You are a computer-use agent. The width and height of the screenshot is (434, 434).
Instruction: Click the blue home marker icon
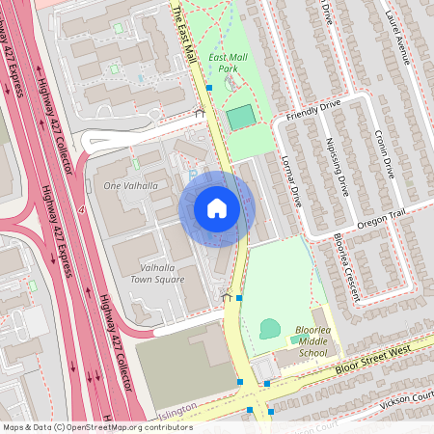click(217, 208)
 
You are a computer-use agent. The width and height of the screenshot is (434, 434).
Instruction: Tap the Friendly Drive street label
click(311, 114)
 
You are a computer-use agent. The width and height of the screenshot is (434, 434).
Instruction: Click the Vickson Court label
click(406, 399)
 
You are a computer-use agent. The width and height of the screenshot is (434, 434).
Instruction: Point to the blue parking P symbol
click(191, 174)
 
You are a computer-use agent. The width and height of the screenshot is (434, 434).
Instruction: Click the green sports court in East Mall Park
click(240, 119)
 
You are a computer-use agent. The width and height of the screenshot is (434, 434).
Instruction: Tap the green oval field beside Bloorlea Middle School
click(270, 328)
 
